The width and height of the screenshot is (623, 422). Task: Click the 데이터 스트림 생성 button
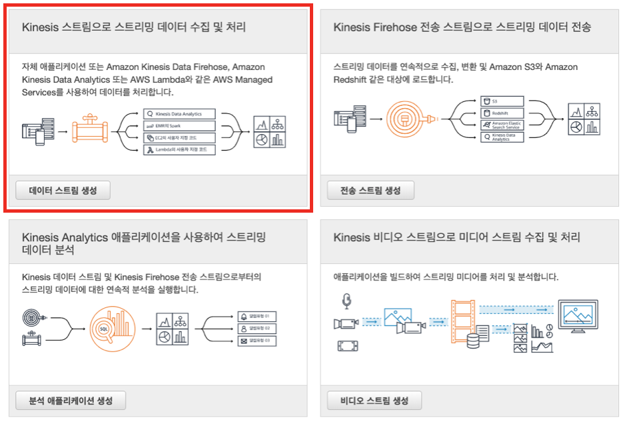coord(63,190)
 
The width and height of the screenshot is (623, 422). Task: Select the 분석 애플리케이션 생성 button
coord(71,401)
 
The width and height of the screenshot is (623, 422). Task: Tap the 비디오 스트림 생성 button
coord(374,401)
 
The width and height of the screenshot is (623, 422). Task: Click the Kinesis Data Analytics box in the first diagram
coord(180,114)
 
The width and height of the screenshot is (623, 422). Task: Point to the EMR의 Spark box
coord(180,126)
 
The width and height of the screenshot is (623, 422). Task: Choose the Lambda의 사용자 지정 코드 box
coord(180,150)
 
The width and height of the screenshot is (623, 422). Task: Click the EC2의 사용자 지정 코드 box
coord(180,138)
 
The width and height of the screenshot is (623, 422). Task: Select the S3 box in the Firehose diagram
coord(502,101)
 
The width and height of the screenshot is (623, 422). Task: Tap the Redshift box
coord(502,113)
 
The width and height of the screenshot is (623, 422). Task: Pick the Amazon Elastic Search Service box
coord(502,125)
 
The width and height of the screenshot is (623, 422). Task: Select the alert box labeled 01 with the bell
coord(257,316)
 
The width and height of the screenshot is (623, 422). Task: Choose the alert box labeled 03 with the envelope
coord(257,341)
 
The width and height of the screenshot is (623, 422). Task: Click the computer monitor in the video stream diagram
coord(577,315)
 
